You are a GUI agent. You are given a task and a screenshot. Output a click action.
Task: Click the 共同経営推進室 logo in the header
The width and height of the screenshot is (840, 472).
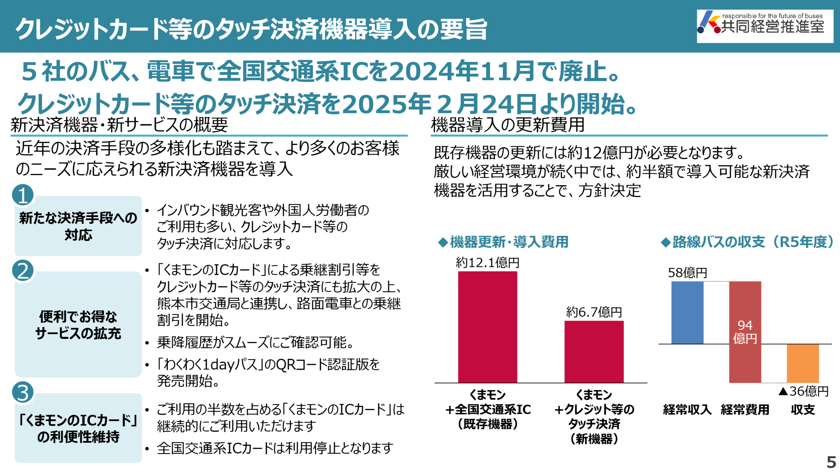(x=765, y=26)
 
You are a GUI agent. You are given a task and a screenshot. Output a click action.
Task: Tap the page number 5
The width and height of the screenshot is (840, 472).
(x=831, y=462)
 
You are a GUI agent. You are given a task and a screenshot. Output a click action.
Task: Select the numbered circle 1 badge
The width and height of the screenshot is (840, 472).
(x=23, y=195)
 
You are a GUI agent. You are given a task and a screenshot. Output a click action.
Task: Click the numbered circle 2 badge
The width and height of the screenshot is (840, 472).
(x=23, y=271)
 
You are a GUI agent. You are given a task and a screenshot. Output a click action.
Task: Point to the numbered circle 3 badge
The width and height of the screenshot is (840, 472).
(x=23, y=392)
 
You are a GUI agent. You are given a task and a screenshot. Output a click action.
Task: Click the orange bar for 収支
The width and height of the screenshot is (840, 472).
(x=803, y=363)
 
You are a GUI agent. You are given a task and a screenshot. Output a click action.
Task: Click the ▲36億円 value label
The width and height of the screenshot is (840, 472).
(x=804, y=391)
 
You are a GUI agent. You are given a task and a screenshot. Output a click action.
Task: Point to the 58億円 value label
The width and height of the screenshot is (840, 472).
(x=687, y=273)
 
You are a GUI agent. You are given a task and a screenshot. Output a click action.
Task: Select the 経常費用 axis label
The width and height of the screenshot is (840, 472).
(x=745, y=410)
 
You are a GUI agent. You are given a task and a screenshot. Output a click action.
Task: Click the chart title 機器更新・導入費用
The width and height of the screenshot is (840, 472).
(x=509, y=242)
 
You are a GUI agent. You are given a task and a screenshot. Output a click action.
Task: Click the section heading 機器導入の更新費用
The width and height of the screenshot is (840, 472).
(x=508, y=125)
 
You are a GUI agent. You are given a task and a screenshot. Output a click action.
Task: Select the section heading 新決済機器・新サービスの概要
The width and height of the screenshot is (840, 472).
(x=119, y=125)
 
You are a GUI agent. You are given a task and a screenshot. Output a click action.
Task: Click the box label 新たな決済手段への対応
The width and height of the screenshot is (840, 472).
(x=78, y=226)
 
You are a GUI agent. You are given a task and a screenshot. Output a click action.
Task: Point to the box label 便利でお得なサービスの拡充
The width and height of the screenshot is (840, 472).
(x=78, y=325)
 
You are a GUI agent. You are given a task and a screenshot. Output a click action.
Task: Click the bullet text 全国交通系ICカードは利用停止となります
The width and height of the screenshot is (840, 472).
(x=275, y=448)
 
